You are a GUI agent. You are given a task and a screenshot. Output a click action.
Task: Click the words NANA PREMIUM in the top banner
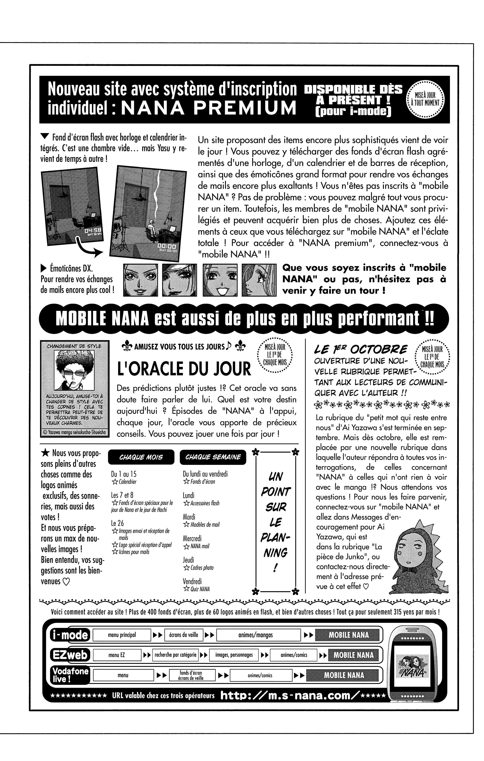(209, 108)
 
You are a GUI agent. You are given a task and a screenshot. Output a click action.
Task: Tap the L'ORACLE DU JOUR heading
(184, 369)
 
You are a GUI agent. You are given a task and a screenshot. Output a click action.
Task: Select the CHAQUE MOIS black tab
(141, 457)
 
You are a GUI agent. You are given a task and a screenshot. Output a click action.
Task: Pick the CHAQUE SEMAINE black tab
(213, 457)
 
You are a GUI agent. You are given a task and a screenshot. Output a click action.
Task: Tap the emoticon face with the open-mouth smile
(220, 280)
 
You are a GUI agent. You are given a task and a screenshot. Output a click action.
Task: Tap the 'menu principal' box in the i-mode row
(122, 635)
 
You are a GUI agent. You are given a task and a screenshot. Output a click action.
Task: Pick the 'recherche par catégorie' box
(175, 655)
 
